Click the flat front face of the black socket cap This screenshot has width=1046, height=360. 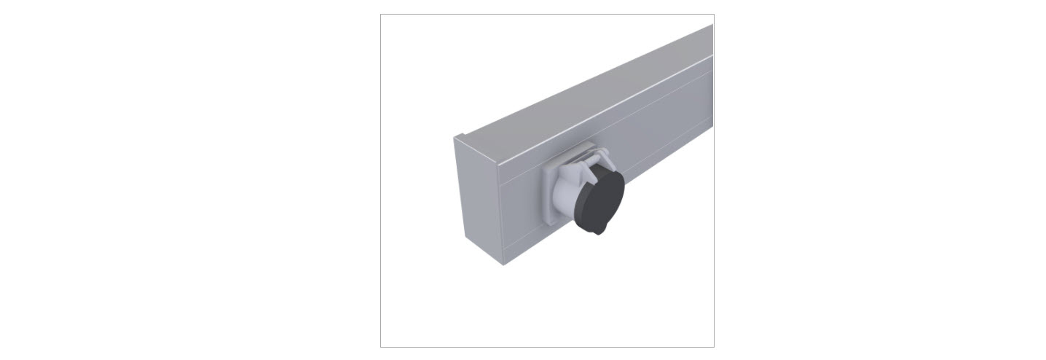602,198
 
